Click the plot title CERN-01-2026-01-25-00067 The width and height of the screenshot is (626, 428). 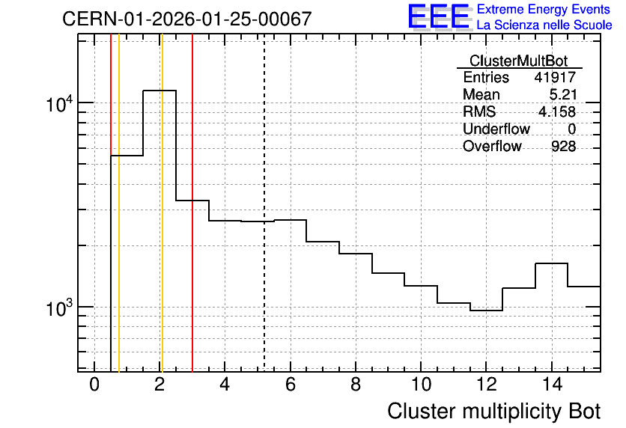point(187,19)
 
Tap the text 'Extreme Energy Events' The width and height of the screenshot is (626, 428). point(544,9)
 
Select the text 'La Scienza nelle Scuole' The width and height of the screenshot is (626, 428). point(544,25)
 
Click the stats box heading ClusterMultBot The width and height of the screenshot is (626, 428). point(519,61)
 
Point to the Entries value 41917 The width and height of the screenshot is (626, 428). point(555,77)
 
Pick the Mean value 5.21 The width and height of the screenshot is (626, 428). point(563,94)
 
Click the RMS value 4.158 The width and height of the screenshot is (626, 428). point(557,111)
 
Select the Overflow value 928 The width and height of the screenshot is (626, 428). point(563,147)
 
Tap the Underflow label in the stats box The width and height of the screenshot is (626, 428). point(496,129)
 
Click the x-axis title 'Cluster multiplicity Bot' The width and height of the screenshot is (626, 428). point(494,412)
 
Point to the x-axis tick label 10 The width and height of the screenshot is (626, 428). point(421,385)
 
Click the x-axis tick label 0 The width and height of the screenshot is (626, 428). point(94,385)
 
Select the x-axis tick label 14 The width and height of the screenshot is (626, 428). point(552,385)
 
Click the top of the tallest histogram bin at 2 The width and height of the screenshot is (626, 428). point(159,91)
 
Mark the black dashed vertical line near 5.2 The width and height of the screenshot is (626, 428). point(264,203)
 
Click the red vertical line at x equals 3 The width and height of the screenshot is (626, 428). point(192,203)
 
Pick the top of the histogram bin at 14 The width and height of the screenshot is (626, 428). point(551,263)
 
